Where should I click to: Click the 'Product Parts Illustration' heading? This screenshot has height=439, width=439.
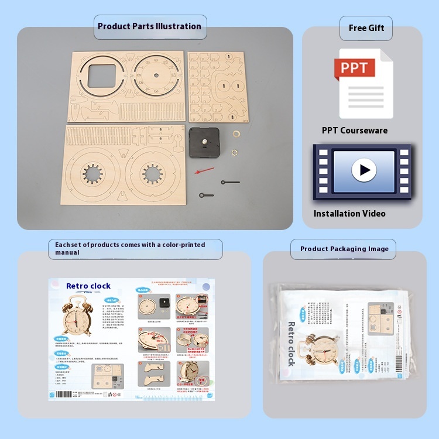[x=149, y=26]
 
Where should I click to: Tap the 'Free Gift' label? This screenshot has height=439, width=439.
[x=366, y=28]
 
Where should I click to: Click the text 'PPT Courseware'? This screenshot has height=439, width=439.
[x=354, y=131]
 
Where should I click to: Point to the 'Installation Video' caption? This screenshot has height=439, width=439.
[x=349, y=214]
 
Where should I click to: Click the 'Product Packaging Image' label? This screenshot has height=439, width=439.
[x=344, y=249]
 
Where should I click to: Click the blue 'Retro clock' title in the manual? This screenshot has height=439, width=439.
[x=88, y=286]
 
